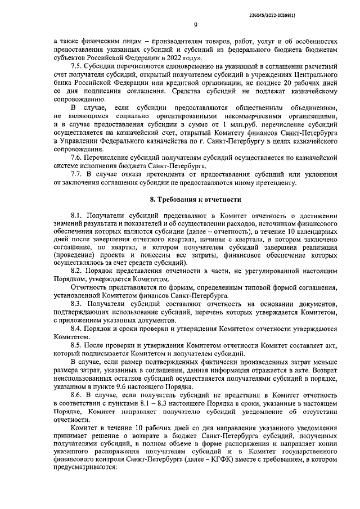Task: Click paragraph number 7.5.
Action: click(x=76, y=65)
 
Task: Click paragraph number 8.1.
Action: click(x=76, y=216)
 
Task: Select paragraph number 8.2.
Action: click(x=76, y=271)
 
